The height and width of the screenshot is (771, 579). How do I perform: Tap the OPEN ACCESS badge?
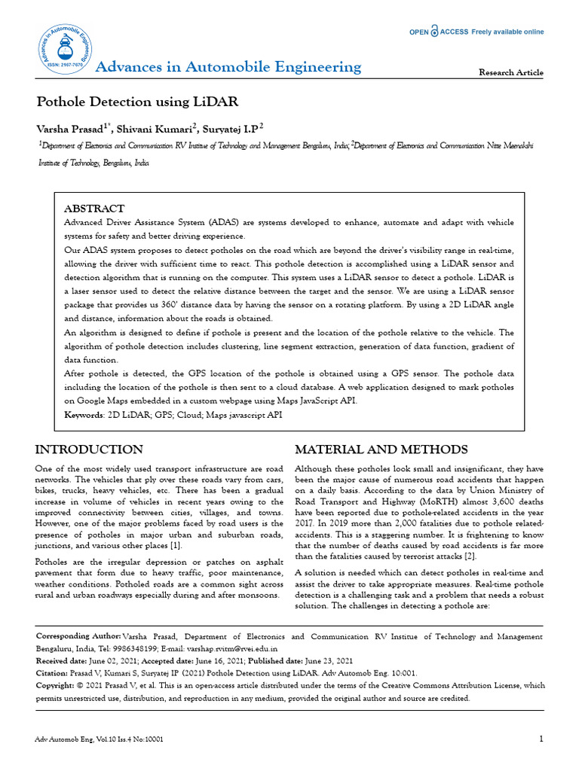click(x=476, y=32)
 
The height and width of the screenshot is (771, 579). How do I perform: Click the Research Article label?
click(x=511, y=72)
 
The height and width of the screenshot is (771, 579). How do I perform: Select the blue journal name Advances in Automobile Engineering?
click(x=228, y=67)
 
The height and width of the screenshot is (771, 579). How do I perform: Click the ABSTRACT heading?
click(x=94, y=209)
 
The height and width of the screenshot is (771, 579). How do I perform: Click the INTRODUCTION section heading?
click(x=89, y=449)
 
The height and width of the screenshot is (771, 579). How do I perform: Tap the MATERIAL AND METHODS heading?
click(x=381, y=449)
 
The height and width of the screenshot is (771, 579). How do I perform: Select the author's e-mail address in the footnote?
click(x=240, y=648)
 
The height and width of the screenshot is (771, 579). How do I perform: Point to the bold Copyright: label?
click(x=57, y=686)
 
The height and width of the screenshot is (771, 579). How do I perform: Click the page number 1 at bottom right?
click(x=541, y=739)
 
